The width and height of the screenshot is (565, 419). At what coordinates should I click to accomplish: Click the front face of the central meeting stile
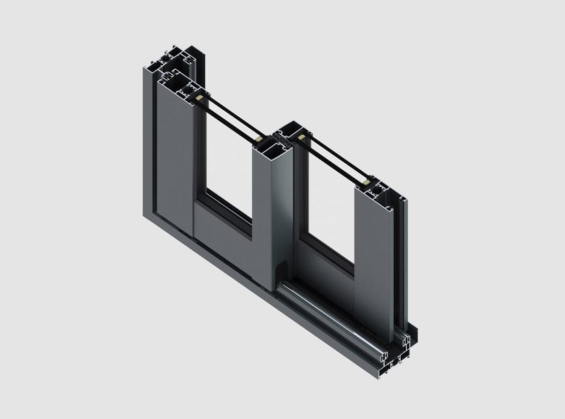[x=272, y=215]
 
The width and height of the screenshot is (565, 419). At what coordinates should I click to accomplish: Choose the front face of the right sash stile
[x=373, y=262]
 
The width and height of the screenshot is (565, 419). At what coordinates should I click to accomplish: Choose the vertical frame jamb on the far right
[x=402, y=262]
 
